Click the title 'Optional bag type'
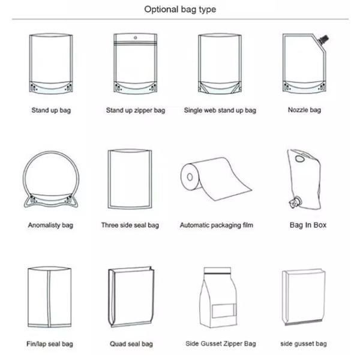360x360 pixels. click(180, 10)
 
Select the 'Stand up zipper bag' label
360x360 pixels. click(135, 110)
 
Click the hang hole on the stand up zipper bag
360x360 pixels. click(135, 38)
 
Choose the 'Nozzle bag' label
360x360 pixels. click(304, 110)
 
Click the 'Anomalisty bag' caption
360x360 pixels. click(50, 226)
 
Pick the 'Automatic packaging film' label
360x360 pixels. click(217, 226)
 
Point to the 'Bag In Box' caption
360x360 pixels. click(308, 226)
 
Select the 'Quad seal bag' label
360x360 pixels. click(131, 344)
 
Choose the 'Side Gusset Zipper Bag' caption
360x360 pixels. click(221, 344)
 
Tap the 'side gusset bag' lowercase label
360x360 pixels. click(304, 344)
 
